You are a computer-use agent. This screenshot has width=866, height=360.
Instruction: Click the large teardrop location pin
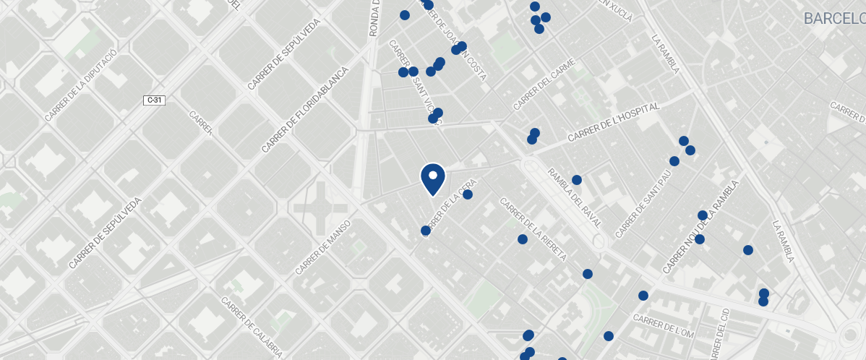click(x=432, y=178)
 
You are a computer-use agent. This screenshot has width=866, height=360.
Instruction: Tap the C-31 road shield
click(x=155, y=100)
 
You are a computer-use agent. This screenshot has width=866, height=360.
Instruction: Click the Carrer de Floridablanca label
click(x=305, y=110)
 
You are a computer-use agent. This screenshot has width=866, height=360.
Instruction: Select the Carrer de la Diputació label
click(x=80, y=85)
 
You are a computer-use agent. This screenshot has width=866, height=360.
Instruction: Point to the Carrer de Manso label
click(x=323, y=247)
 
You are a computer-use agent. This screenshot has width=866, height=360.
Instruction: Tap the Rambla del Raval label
click(x=575, y=197)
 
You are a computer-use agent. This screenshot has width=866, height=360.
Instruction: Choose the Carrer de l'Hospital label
click(x=614, y=121)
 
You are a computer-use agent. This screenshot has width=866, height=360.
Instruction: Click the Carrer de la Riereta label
click(x=533, y=231)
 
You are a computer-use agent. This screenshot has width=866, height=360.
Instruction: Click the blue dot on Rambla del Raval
click(x=577, y=180)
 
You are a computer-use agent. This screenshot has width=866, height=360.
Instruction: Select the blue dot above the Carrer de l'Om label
click(x=643, y=296)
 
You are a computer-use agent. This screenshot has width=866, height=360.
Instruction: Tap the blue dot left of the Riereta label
click(x=522, y=239)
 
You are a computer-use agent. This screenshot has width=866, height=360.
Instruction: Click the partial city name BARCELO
click(x=834, y=18)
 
